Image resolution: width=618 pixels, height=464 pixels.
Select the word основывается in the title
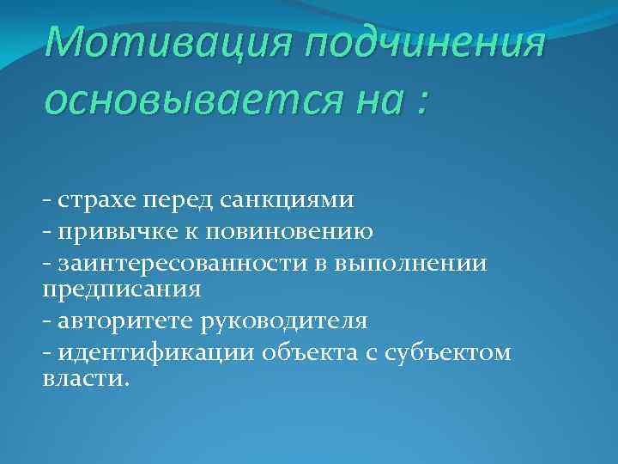pos(173,102)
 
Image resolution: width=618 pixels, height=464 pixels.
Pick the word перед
pos(184,200)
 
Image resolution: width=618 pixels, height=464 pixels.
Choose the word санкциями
pos(293,199)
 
